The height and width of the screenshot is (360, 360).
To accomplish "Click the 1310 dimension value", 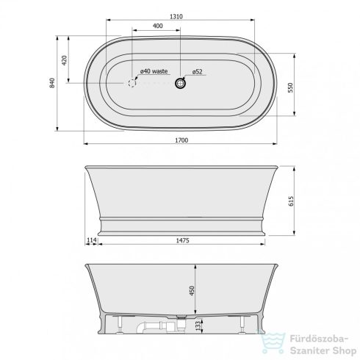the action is (176, 16).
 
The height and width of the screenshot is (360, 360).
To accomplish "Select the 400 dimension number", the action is (157, 26).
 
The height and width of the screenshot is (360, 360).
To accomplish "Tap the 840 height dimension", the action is (52, 83).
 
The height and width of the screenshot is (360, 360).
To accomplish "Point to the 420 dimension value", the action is (64, 60).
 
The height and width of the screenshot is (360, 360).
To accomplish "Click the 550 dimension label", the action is (290, 87).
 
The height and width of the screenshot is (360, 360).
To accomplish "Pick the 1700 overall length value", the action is (181, 140).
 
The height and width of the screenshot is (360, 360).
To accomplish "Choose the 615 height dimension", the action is (291, 201).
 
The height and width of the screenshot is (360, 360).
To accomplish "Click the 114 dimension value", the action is (92, 240).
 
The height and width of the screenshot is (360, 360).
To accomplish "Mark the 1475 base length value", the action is (182, 240).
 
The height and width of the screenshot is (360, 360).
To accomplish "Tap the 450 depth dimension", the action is (192, 290).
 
